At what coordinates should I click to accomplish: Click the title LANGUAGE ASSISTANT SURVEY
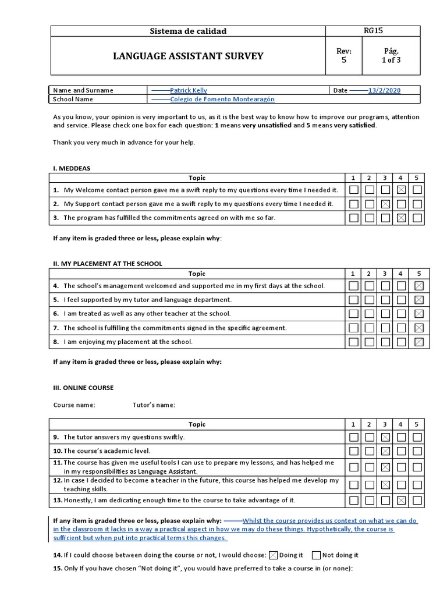tap(187, 56)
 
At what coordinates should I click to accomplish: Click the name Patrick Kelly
tap(188, 90)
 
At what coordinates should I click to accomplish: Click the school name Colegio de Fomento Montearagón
tap(222, 99)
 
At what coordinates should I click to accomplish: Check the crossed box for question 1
tap(401, 190)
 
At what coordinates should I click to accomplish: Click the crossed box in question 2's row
tap(385, 204)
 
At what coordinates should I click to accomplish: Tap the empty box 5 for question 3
tap(417, 218)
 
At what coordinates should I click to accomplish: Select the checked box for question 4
tap(417, 286)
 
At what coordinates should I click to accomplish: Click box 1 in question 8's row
tap(354, 342)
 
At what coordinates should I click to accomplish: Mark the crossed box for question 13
tap(401, 500)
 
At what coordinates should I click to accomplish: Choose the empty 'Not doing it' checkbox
tap(316, 555)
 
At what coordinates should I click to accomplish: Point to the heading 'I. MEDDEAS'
tap(72, 168)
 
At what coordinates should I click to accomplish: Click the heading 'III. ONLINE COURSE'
tap(83, 388)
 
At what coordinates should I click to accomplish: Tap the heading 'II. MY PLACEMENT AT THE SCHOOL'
tap(108, 264)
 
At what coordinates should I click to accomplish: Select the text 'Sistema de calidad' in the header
tap(188, 31)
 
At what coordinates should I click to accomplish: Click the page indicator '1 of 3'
tap(391, 60)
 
